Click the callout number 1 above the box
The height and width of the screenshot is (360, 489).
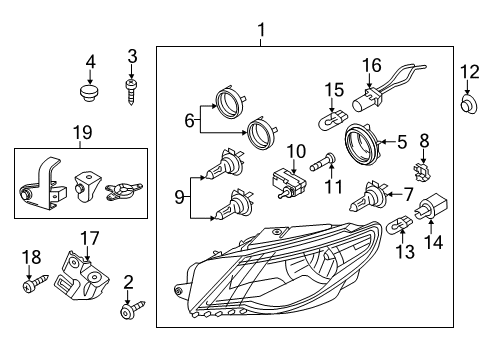tap(262, 30)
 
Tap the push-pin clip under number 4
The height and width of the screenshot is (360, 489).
tap(90, 93)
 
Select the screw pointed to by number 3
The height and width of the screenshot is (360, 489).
tap(131, 92)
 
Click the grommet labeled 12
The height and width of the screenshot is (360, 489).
tap(469, 103)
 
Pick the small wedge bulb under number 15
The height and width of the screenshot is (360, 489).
tap(333, 121)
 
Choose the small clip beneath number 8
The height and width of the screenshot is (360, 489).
tap(421, 171)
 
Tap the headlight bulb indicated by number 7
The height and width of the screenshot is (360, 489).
tap(368, 197)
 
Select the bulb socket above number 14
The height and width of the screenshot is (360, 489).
tap(431, 206)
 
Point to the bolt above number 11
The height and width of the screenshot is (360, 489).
tap(323, 161)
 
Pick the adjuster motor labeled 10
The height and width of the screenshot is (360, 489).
tap(289, 183)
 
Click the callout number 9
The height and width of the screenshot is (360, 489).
tap(180, 198)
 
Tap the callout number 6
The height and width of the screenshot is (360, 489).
tap(189, 120)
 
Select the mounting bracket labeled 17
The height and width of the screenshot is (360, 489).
tap(82, 277)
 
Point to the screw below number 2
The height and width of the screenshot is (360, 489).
tap(133, 310)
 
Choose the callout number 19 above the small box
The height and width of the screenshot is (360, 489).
tap(83, 132)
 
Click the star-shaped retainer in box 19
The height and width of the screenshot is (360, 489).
tap(124, 192)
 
